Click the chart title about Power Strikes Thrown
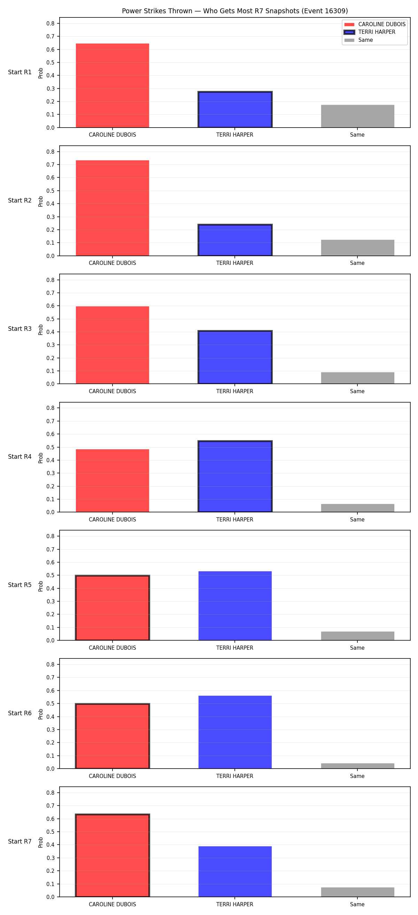[235, 11]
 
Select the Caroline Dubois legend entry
[375, 24]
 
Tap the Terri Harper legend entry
[370, 32]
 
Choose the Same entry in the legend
[359, 40]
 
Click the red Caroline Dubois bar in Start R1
[113, 86]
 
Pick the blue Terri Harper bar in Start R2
[235, 240]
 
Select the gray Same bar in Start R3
[358, 378]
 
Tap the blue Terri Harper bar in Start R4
[235, 476]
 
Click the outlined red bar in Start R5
[113, 608]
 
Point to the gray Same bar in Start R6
[358, 766]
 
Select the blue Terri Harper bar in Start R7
[235, 872]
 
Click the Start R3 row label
[20, 329]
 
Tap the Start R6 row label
[20, 713]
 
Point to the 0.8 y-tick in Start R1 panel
[51, 23]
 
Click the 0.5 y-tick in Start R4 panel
[51, 447]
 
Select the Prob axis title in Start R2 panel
[41, 201]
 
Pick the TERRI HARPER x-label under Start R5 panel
[235, 648]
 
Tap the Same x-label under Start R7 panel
[357, 904]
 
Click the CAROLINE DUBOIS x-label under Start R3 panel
[113, 391]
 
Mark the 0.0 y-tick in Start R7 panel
[51, 897]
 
